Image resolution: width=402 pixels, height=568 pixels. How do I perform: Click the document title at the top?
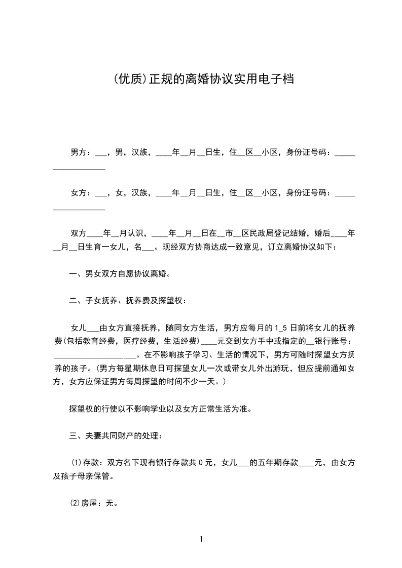click(201, 79)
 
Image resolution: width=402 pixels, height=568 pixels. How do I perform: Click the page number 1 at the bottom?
click(201, 539)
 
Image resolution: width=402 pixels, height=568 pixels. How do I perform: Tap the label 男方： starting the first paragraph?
click(81, 152)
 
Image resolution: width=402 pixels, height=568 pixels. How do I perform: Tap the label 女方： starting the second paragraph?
click(81, 192)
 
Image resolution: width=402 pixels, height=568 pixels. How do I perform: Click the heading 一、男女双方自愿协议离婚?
click(120, 274)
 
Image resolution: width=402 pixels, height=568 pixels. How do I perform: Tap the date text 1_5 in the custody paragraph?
click(281, 328)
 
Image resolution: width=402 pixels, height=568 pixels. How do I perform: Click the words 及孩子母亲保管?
click(84, 476)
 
